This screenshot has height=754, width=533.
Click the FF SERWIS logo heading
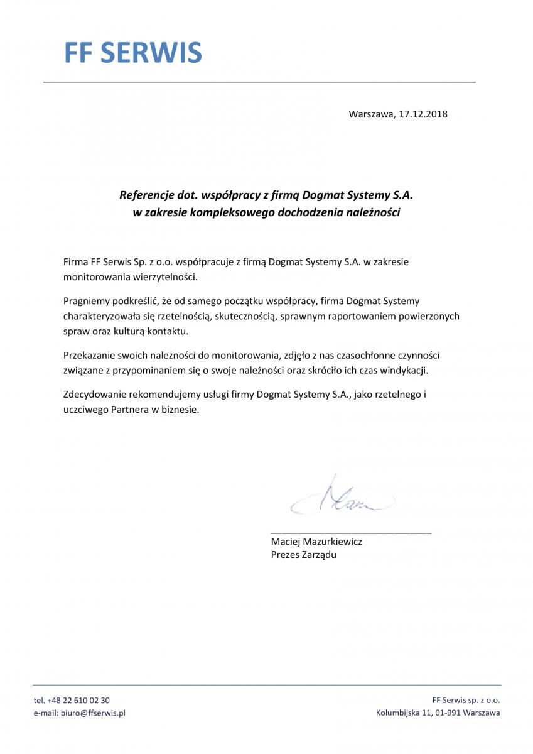point(132,53)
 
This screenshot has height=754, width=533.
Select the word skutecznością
point(246,316)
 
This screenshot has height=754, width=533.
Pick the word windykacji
point(406,370)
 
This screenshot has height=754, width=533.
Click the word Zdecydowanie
point(93,395)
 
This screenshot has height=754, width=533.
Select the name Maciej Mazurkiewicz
point(316,541)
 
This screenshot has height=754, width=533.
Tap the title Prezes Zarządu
point(303,555)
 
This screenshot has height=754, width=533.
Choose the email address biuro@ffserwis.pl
point(92,713)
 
